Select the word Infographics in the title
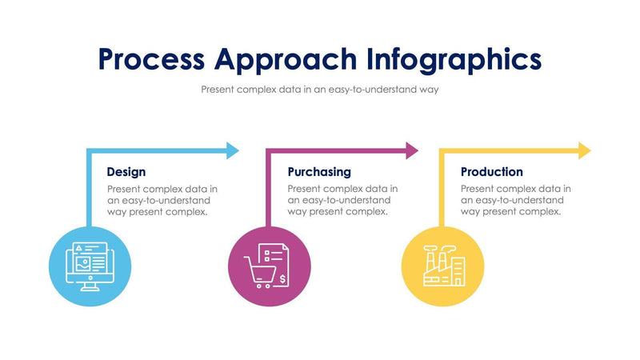point(454,59)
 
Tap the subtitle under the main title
point(320,90)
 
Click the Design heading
point(126,171)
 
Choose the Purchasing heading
point(319,171)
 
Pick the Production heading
point(492,171)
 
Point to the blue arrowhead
point(233,150)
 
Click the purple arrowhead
point(412,150)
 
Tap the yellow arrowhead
point(585,150)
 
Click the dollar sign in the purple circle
point(282,278)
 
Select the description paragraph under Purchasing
point(342,200)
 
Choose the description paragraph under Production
point(515,200)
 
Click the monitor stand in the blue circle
point(89,286)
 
